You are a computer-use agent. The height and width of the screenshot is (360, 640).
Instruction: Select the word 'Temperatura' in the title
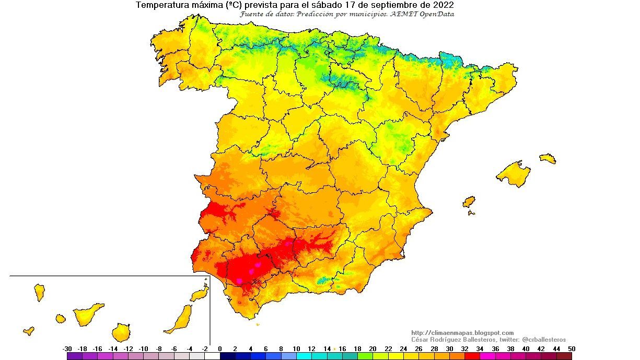tap(161, 5)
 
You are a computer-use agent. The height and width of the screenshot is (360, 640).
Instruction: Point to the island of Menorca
tap(548, 158)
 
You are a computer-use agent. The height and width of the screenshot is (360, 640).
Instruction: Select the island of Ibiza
tap(469, 202)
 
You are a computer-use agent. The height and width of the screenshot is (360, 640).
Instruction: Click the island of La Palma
tap(39, 292)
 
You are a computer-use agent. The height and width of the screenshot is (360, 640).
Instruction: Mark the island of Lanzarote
tap(199, 294)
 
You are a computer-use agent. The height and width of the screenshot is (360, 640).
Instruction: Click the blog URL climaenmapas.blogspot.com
tap(462, 333)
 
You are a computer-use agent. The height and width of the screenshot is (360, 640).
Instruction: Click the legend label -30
tap(67, 349)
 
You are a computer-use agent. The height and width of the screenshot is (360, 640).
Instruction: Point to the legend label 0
tap(220, 349)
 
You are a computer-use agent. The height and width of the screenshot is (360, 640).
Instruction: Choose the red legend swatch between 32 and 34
tap(472, 356)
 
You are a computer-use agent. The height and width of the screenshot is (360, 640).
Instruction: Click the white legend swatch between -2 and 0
tap(212, 356)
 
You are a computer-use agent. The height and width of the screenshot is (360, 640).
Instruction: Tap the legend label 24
tap(403, 349)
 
